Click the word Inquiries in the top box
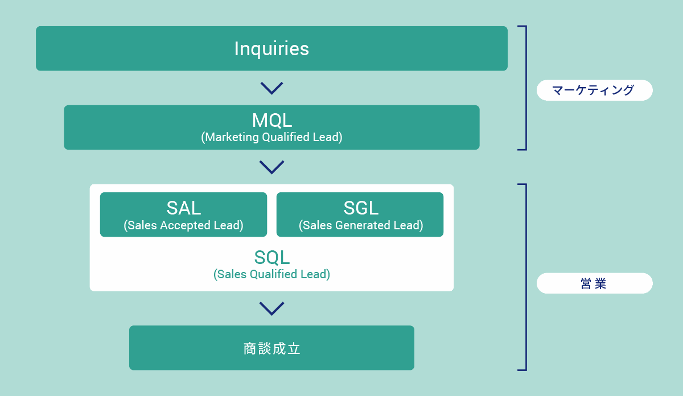click(x=271, y=49)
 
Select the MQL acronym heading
click(x=271, y=120)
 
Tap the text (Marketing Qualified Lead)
click(x=271, y=137)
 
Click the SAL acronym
click(x=183, y=208)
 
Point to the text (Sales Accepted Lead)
click(x=183, y=225)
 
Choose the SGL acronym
click(x=360, y=208)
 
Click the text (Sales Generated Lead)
click(x=360, y=225)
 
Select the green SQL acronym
click(x=271, y=257)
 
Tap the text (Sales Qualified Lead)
click(x=271, y=274)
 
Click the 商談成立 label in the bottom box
click(x=271, y=348)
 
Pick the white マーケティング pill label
click(x=594, y=90)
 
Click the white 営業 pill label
click(x=594, y=283)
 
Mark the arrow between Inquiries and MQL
click(x=271, y=88)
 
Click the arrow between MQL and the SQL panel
click(x=271, y=167)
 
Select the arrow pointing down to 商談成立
click(x=271, y=308)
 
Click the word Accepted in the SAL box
click(x=184, y=225)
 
